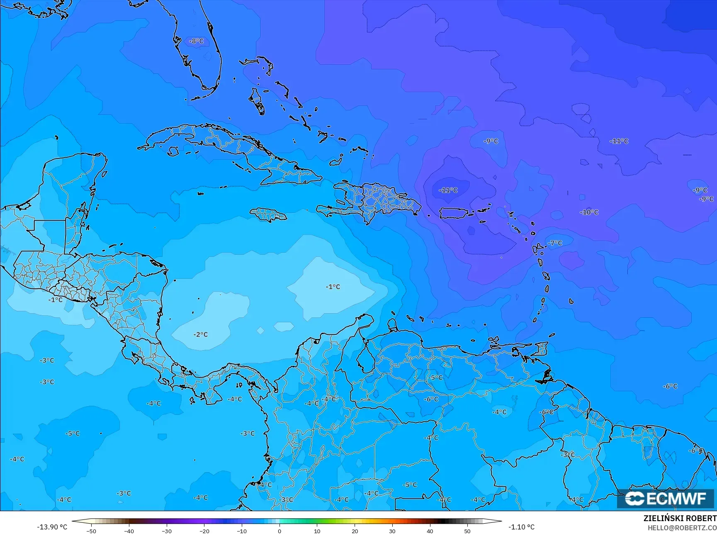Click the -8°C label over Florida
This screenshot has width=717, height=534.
197,41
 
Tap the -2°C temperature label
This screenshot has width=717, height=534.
201,334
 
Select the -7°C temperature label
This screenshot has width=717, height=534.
555,243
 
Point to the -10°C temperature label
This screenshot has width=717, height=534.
589,212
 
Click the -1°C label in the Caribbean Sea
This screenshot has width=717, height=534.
333,287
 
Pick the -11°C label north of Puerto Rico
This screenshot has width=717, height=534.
448,190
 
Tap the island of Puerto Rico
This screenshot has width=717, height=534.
453,213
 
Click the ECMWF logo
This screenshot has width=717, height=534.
665,498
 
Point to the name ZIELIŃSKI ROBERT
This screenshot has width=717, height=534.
680,518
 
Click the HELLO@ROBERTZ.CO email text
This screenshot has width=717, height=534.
682,528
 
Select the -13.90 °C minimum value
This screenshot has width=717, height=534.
52,527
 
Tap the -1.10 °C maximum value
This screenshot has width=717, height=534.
521,527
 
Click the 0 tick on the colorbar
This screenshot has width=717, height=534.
280,531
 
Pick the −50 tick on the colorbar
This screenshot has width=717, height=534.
91,531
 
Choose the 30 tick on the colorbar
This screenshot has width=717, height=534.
392,531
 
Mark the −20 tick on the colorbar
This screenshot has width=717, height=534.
204,531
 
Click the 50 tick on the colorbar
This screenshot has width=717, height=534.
467,531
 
